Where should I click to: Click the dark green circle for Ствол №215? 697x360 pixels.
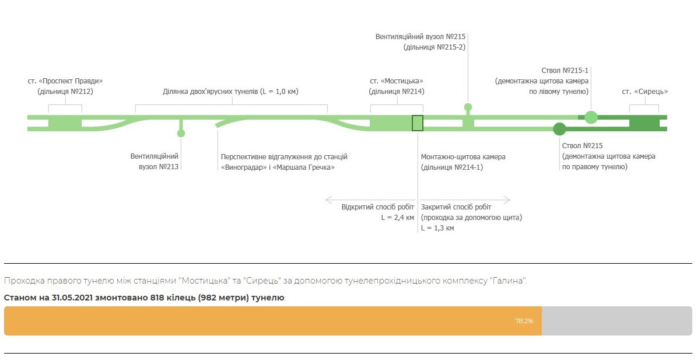point(559,129)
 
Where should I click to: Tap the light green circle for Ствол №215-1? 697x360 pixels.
point(591,117)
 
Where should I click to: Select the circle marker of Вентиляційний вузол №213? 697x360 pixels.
point(181,134)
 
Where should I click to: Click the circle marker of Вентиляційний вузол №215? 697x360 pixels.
point(468,107)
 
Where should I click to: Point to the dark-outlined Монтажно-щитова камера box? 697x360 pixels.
point(418,123)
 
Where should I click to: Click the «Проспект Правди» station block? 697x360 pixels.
point(65,123)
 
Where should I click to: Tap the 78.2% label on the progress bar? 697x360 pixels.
point(524,321)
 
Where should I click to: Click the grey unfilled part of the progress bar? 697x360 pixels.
point(617,321)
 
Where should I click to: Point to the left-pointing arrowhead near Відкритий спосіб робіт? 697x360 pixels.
point(328,200)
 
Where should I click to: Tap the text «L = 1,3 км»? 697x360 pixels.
point(437,228)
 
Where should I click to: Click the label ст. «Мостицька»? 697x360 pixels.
point(397,81)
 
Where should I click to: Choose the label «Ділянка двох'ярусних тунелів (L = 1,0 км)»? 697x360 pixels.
point(230,92)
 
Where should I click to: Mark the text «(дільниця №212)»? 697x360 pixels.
point(65,92)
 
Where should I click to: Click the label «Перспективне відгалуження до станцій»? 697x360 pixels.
point(284,157)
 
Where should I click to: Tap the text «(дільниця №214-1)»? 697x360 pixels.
point(452,167)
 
